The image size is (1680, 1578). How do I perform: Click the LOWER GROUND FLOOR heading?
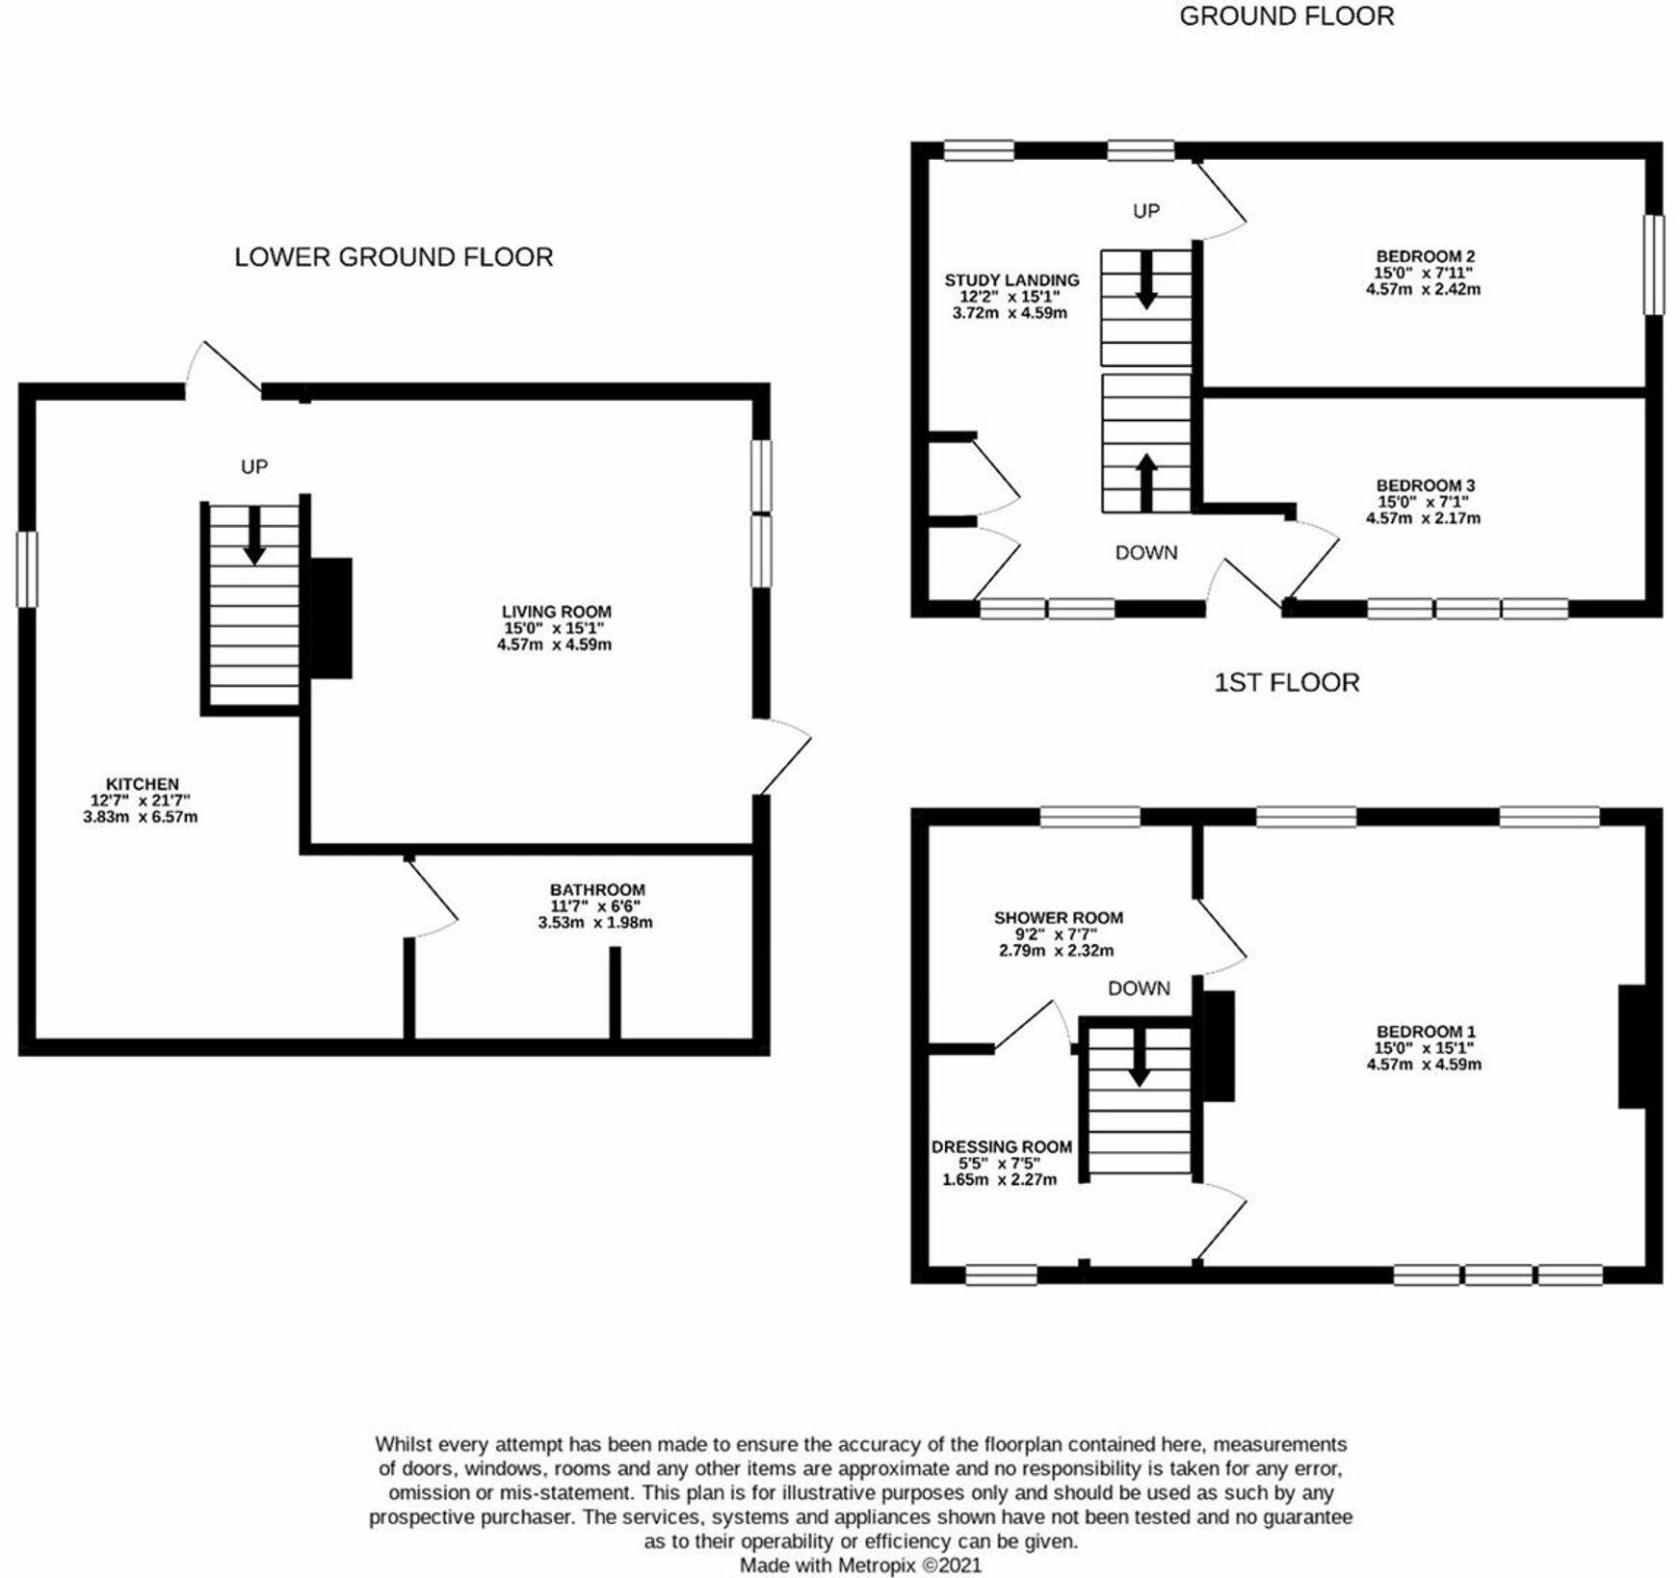point(394,257)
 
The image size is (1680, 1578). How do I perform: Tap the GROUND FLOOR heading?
point(1286,16)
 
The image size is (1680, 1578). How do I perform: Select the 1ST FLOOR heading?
point(1286,683)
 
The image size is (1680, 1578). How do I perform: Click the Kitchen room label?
point(142,784)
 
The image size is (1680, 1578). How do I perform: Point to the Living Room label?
point(556,612)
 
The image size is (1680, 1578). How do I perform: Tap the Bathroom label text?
point(597,890)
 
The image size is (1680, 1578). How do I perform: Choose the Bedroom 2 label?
point(1425,257)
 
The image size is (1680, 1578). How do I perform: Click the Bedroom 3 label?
point(1425,487)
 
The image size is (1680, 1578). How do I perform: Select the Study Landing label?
point(1011,280)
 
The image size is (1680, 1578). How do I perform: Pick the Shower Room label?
point(1058,918)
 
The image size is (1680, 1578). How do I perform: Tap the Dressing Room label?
point(1001,1147)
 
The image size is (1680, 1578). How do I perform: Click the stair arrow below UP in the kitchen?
point(254,535)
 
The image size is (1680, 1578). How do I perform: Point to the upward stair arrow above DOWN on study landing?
point(1146,482)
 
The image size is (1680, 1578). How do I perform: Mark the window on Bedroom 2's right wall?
point(1653,264)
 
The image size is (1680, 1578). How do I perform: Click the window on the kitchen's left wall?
point(27,569)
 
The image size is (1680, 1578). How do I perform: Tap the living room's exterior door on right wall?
point(784,757)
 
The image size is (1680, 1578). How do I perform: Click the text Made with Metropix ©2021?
point(860,1565)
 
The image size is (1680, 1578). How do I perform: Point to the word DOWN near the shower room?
point(1139,988)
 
